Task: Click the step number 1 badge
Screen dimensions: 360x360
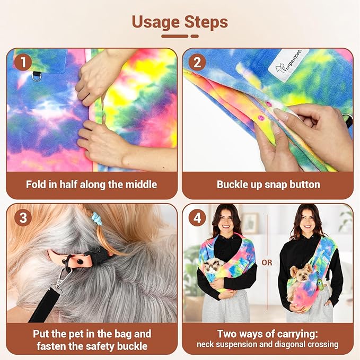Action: pos(23,62)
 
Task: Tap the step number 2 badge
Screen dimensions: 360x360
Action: pos(197,62)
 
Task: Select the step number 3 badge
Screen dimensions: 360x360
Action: pos(23,218)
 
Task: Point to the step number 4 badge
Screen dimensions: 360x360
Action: pos(197,218)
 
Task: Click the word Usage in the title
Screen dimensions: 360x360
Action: pos(156,22)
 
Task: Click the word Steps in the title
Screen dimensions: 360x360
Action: pos(206,22)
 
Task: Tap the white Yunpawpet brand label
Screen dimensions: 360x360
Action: pos(288,65)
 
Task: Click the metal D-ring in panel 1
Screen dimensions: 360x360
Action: pos(37,76)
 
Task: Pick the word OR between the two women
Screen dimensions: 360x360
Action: pos(267,262)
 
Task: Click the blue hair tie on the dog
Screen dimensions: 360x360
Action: pos(96,218)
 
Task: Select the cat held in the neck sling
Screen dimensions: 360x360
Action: pos(213,266)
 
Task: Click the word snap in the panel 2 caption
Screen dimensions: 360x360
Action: pos(276,185)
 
